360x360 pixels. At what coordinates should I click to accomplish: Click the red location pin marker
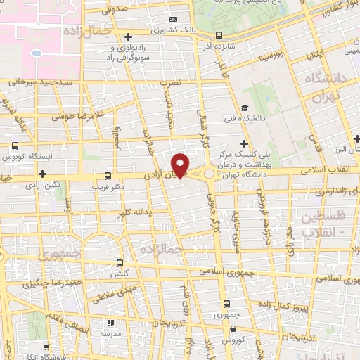(181, 164)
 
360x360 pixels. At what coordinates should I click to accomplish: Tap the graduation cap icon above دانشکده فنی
(244, 108)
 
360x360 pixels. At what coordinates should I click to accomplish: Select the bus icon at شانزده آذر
(219, 35)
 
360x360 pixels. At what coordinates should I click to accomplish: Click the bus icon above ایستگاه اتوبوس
(15, 146)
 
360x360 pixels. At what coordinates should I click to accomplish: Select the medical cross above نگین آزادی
(43, 173)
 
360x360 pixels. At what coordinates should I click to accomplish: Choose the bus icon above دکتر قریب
(108, 176)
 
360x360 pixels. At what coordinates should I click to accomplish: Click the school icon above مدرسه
(109, 323)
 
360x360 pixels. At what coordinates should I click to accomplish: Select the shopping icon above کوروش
(233, 329)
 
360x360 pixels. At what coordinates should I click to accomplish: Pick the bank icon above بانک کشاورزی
(173, 19)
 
